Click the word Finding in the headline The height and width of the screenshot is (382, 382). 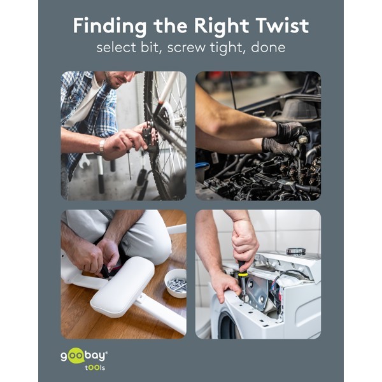pyautogui.click(x=110, y=26)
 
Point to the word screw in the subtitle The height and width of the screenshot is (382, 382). pyautogui.click(x=187, y=48)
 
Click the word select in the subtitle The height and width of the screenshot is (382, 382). pyautogui.click(x=117, y=47)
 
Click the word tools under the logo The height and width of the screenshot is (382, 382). pyautogui.click(x=95, y=368)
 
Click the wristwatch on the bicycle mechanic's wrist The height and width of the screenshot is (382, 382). pyautogui.click(x=102, y=146)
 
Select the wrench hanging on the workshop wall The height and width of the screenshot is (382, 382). pyautogui.click(x=84, y=162)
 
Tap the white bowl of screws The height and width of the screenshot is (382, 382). pyautogui.click(x=176, y=283)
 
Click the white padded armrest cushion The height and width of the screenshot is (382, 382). pyautogui.click(x=122, y=287)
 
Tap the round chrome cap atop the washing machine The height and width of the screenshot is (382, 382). pyautogui.click(x=295, y=251)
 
